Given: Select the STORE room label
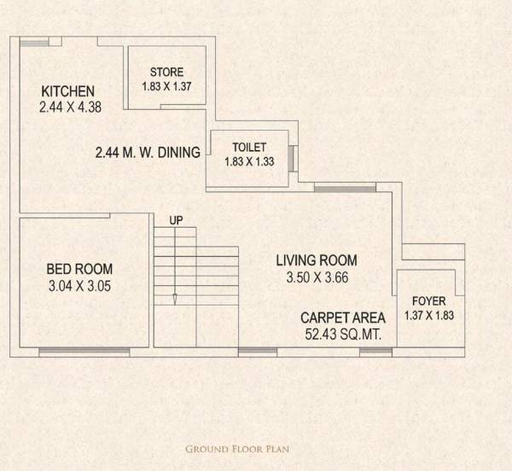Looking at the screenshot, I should click(x=166, y=72).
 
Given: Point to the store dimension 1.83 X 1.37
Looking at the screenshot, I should click(x=166, y=86).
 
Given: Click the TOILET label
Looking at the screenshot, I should click(x=249, y=147).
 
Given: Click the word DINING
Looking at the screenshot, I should click(x=178, y=153).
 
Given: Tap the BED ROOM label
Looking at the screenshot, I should click(x=79, y=270).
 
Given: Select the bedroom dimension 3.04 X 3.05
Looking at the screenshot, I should click(x=79, y=286).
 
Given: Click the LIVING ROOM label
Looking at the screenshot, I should click(x=316, y=260).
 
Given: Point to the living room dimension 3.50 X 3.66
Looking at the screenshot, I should click(x=316, y=277).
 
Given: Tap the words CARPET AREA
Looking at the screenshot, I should click(x=343, y=318).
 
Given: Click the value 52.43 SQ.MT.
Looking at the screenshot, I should click(x=343, y=334).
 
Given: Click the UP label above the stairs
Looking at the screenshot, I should click(x=176, y=221).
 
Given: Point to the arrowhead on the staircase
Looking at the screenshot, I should click(x=175, y=299).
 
